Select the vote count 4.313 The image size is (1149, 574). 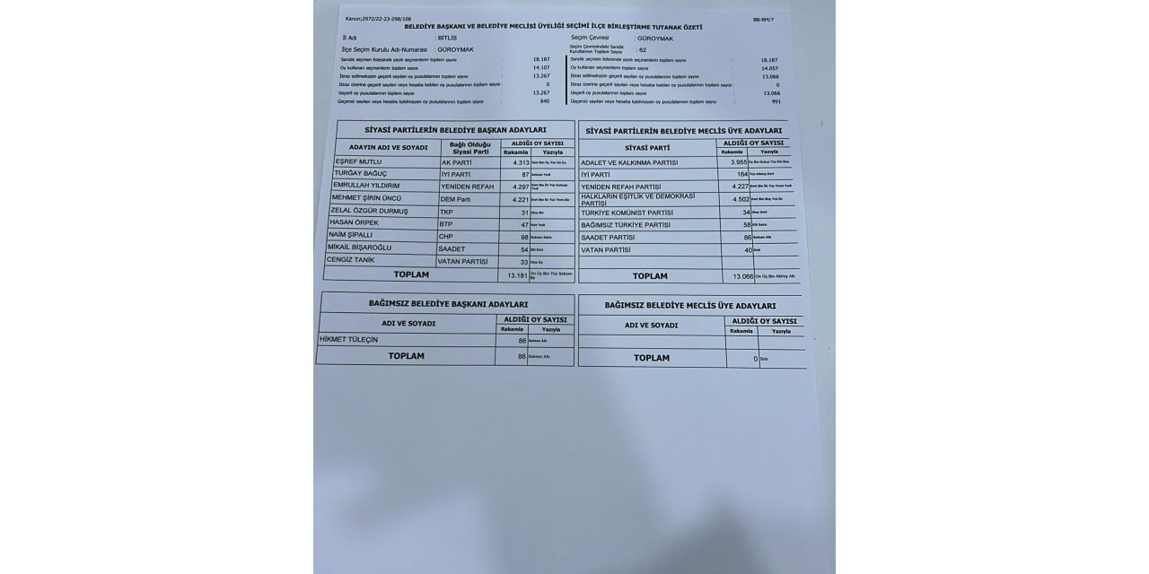(x=514, y=161)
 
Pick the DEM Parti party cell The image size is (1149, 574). (x=455, y=198)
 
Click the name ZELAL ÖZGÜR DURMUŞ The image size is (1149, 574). (x=368, y=211)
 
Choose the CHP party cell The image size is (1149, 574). (x=445, y=236)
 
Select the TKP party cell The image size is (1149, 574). (x=445, y=211)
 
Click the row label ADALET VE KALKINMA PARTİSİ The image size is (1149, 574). (x=629, y=162)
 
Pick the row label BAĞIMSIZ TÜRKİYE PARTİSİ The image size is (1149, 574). (x=626, y=224)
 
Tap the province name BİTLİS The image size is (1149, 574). (x=449, y=39)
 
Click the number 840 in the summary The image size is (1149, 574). (x=544, y=101)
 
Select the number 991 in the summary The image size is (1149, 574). (x=776, y=101)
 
